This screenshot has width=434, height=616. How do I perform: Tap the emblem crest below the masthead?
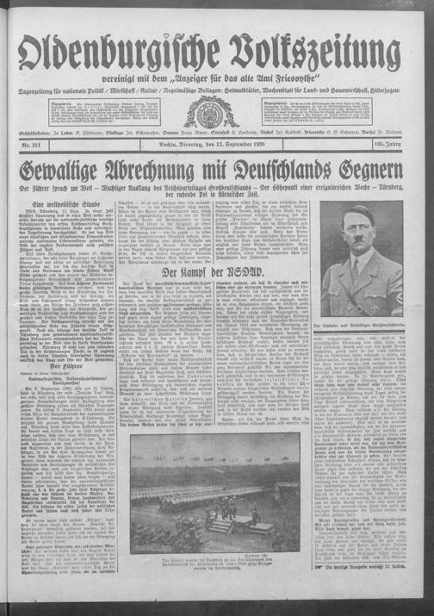[211, 110]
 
